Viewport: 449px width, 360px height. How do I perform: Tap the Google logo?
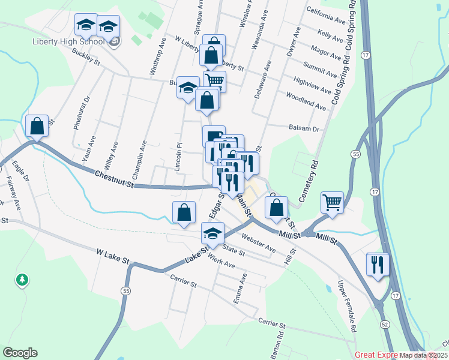pyautogui.click(x=20, y=353)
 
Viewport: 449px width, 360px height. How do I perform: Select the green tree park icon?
pyautogui.click(x=22, y=280)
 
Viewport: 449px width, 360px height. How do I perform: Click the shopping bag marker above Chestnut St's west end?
pyautogui.click(x=37, y=127)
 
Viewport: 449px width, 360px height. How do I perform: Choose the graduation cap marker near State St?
pyautogui.click(x=212, y=233)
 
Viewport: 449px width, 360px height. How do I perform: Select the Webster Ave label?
pyautogui.click(x=258, y=243)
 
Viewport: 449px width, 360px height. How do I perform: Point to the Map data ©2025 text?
pyautogui.click(x=423, y=355)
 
